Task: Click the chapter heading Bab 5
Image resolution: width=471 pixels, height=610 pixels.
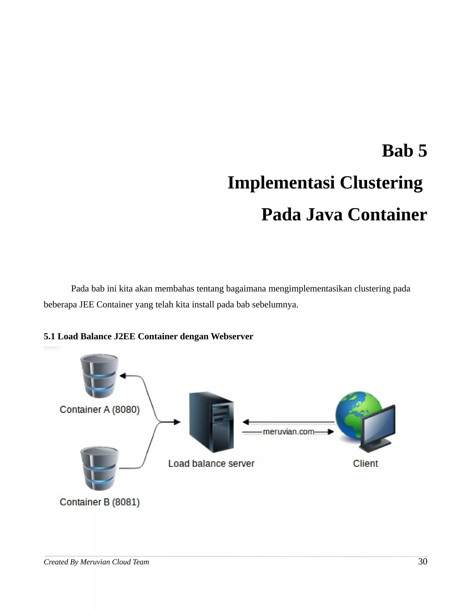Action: (404, 151)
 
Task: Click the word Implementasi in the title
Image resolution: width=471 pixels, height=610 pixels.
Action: (281, 183)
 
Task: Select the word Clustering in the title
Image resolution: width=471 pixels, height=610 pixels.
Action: (381, 183)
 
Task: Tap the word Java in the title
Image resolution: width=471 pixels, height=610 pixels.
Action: (324, 215)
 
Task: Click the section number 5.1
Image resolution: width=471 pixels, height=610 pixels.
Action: (49, 337)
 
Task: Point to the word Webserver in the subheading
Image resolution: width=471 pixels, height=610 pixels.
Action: (232, 337)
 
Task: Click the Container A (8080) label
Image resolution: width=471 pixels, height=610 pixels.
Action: (100, 410)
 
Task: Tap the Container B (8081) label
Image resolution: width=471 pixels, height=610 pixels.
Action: (100, 502)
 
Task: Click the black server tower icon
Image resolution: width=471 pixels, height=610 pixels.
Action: (211, 422)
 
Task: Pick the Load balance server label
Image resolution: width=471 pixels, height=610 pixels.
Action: (211, 464)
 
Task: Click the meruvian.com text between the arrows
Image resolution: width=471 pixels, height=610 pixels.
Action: (288, 432)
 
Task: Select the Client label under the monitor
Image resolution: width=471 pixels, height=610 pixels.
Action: (365, 464)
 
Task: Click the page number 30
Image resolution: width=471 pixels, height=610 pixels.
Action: (422, 562)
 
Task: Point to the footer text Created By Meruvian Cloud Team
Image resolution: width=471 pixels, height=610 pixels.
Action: (96, 562)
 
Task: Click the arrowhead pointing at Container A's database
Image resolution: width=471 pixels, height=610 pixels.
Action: (123, 376)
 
